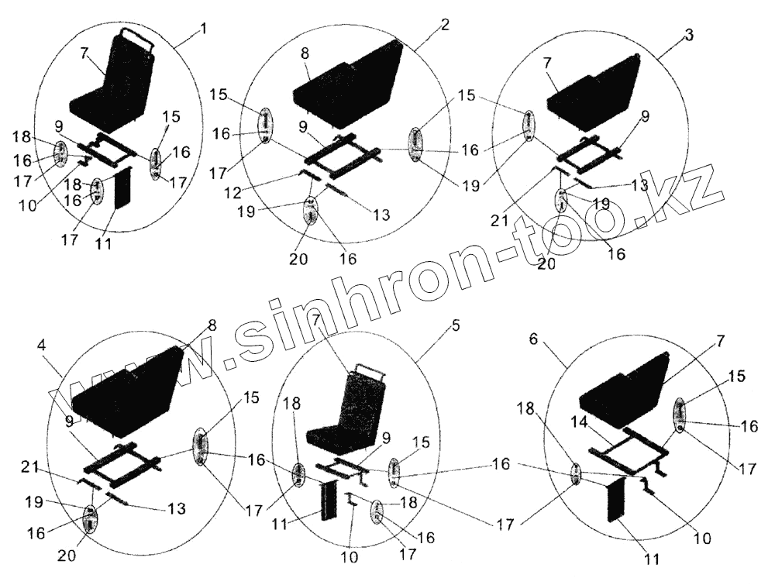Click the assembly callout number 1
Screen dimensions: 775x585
[x=203, y=29]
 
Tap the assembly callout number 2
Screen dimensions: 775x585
[x=444, y=24]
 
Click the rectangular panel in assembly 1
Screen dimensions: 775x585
[x=123, y=189]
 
